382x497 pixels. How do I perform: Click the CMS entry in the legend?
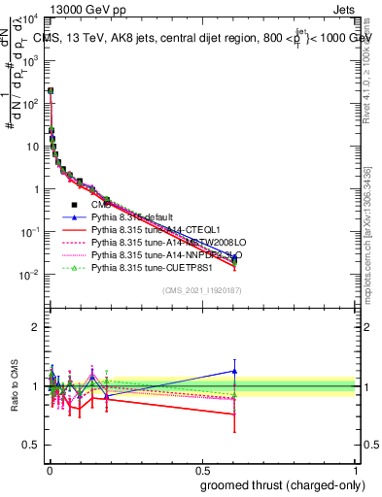click(x=102, y=205)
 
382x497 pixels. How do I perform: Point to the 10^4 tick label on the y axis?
click(x=30, y=18)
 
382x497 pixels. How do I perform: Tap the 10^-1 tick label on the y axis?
click(x=30, y=231)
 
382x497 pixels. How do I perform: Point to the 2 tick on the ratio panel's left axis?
click(x=36, y=327)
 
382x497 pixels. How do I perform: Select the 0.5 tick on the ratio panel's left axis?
click(x=33, y=445)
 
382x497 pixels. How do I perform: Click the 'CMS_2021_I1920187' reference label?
click(x=201, y=290)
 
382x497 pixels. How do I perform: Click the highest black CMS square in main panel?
click(x=50, y=90)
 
